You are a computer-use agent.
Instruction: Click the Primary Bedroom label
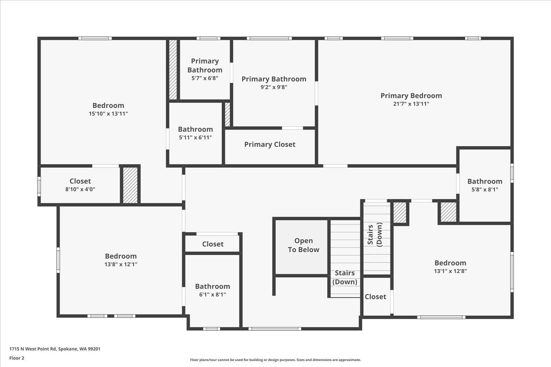coord(411,96)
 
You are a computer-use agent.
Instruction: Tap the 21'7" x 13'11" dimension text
coord(411,104)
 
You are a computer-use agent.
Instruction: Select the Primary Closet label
coord(270,145)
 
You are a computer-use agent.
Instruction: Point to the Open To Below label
coord(303,245)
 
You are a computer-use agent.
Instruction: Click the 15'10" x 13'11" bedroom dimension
coord(108,114)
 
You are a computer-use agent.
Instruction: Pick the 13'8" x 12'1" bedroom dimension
coord(121,264)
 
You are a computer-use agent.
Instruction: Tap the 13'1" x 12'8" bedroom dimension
coord(450,271)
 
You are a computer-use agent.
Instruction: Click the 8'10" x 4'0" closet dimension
coord(80,189)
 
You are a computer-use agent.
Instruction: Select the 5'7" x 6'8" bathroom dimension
coord(205,78)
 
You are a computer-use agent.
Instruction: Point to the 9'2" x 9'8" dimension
coord(274,87)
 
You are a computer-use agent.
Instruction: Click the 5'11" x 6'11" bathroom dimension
coord(195,138)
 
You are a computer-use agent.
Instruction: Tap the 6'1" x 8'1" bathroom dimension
coord(213,294)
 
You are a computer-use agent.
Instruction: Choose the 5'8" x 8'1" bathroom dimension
coord(485,190)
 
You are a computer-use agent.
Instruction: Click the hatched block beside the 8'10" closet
coord(130,185)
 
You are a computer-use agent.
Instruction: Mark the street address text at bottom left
coord(55,349)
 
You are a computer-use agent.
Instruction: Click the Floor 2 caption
coord(17,358)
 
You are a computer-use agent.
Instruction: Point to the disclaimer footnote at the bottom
coord(275,360)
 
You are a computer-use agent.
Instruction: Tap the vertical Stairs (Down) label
coord(375,235)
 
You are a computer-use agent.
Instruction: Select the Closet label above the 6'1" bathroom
coord(213,244)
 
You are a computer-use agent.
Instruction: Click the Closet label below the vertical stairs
coord(375,297)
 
